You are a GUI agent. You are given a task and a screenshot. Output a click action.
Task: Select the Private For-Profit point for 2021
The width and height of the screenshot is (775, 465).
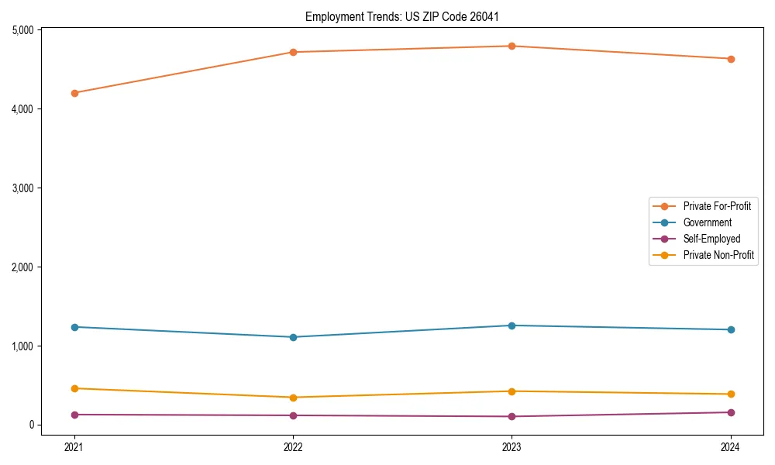74,93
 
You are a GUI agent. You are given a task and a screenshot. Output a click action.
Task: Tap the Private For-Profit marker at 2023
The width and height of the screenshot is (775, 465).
512,46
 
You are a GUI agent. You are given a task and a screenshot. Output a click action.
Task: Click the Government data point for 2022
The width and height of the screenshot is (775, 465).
293,337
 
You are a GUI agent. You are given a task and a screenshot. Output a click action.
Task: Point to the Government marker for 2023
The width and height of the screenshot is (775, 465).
512,325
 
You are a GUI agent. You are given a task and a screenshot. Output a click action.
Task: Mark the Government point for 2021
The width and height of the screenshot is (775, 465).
74,327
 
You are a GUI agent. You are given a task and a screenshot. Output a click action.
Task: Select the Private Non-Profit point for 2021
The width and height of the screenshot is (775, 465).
74,388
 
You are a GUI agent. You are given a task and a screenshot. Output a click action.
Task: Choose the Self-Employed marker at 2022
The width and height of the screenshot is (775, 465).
293,415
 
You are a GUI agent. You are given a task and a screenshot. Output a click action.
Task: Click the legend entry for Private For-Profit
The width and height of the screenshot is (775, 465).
717,206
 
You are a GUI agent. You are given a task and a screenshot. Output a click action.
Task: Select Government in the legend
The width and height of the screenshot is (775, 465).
707,222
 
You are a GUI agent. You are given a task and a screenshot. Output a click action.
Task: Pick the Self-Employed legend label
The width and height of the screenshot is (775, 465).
711,239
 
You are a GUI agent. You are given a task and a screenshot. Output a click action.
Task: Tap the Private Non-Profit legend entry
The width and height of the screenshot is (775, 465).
718,255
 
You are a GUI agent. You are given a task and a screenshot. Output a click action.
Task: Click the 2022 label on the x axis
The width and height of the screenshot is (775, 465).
293,446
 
